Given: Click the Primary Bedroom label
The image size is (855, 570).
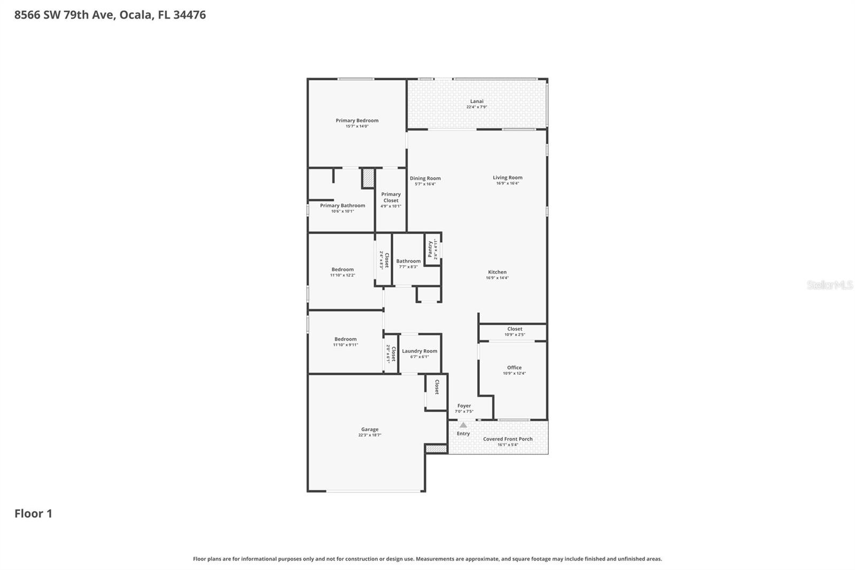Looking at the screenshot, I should pos(357,120).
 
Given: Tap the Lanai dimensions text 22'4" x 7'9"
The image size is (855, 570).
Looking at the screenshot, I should pos(477,107).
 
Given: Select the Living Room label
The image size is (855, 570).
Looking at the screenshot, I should pos(507,178).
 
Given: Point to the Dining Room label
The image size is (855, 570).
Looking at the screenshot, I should pos(425,179).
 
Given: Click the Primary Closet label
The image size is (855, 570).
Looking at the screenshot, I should pos(391,197).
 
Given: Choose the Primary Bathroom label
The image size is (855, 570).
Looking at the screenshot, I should pos(343,205).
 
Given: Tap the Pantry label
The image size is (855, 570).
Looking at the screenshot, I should pos(430,249).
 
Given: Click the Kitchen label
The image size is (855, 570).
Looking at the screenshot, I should pos(497,272).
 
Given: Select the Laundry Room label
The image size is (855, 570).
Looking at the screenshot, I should pos(419,351).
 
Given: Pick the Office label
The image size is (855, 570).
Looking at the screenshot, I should pos(514,367).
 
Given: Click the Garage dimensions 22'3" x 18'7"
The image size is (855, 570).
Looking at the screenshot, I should pos(370,435).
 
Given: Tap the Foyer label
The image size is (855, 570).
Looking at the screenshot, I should pos(464,406).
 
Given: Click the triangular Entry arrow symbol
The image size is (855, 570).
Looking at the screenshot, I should pos(463,425).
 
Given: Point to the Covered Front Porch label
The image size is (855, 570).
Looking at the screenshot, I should pos(508,439).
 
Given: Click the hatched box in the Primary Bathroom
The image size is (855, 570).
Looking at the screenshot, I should pos(368,178).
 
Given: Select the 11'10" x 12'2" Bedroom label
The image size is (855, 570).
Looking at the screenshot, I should pos(343,269).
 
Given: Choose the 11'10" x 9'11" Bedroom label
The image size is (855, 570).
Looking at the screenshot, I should pos(345,339).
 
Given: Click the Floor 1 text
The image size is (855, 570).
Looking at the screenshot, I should pos(33,514).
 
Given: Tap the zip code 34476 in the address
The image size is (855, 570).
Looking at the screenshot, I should pos(189,15).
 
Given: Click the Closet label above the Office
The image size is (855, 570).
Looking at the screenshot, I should pos(515,329).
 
